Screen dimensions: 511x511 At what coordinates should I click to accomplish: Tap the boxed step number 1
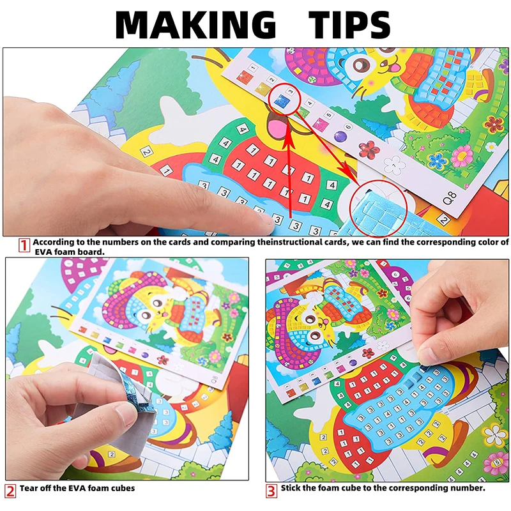[24, 243]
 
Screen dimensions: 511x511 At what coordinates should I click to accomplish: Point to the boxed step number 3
[271, 490]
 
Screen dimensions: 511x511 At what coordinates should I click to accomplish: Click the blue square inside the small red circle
[281, 100]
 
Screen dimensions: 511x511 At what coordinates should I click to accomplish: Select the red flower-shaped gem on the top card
[369, 150]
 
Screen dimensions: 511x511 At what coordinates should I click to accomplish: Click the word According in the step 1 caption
[56, 243]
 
